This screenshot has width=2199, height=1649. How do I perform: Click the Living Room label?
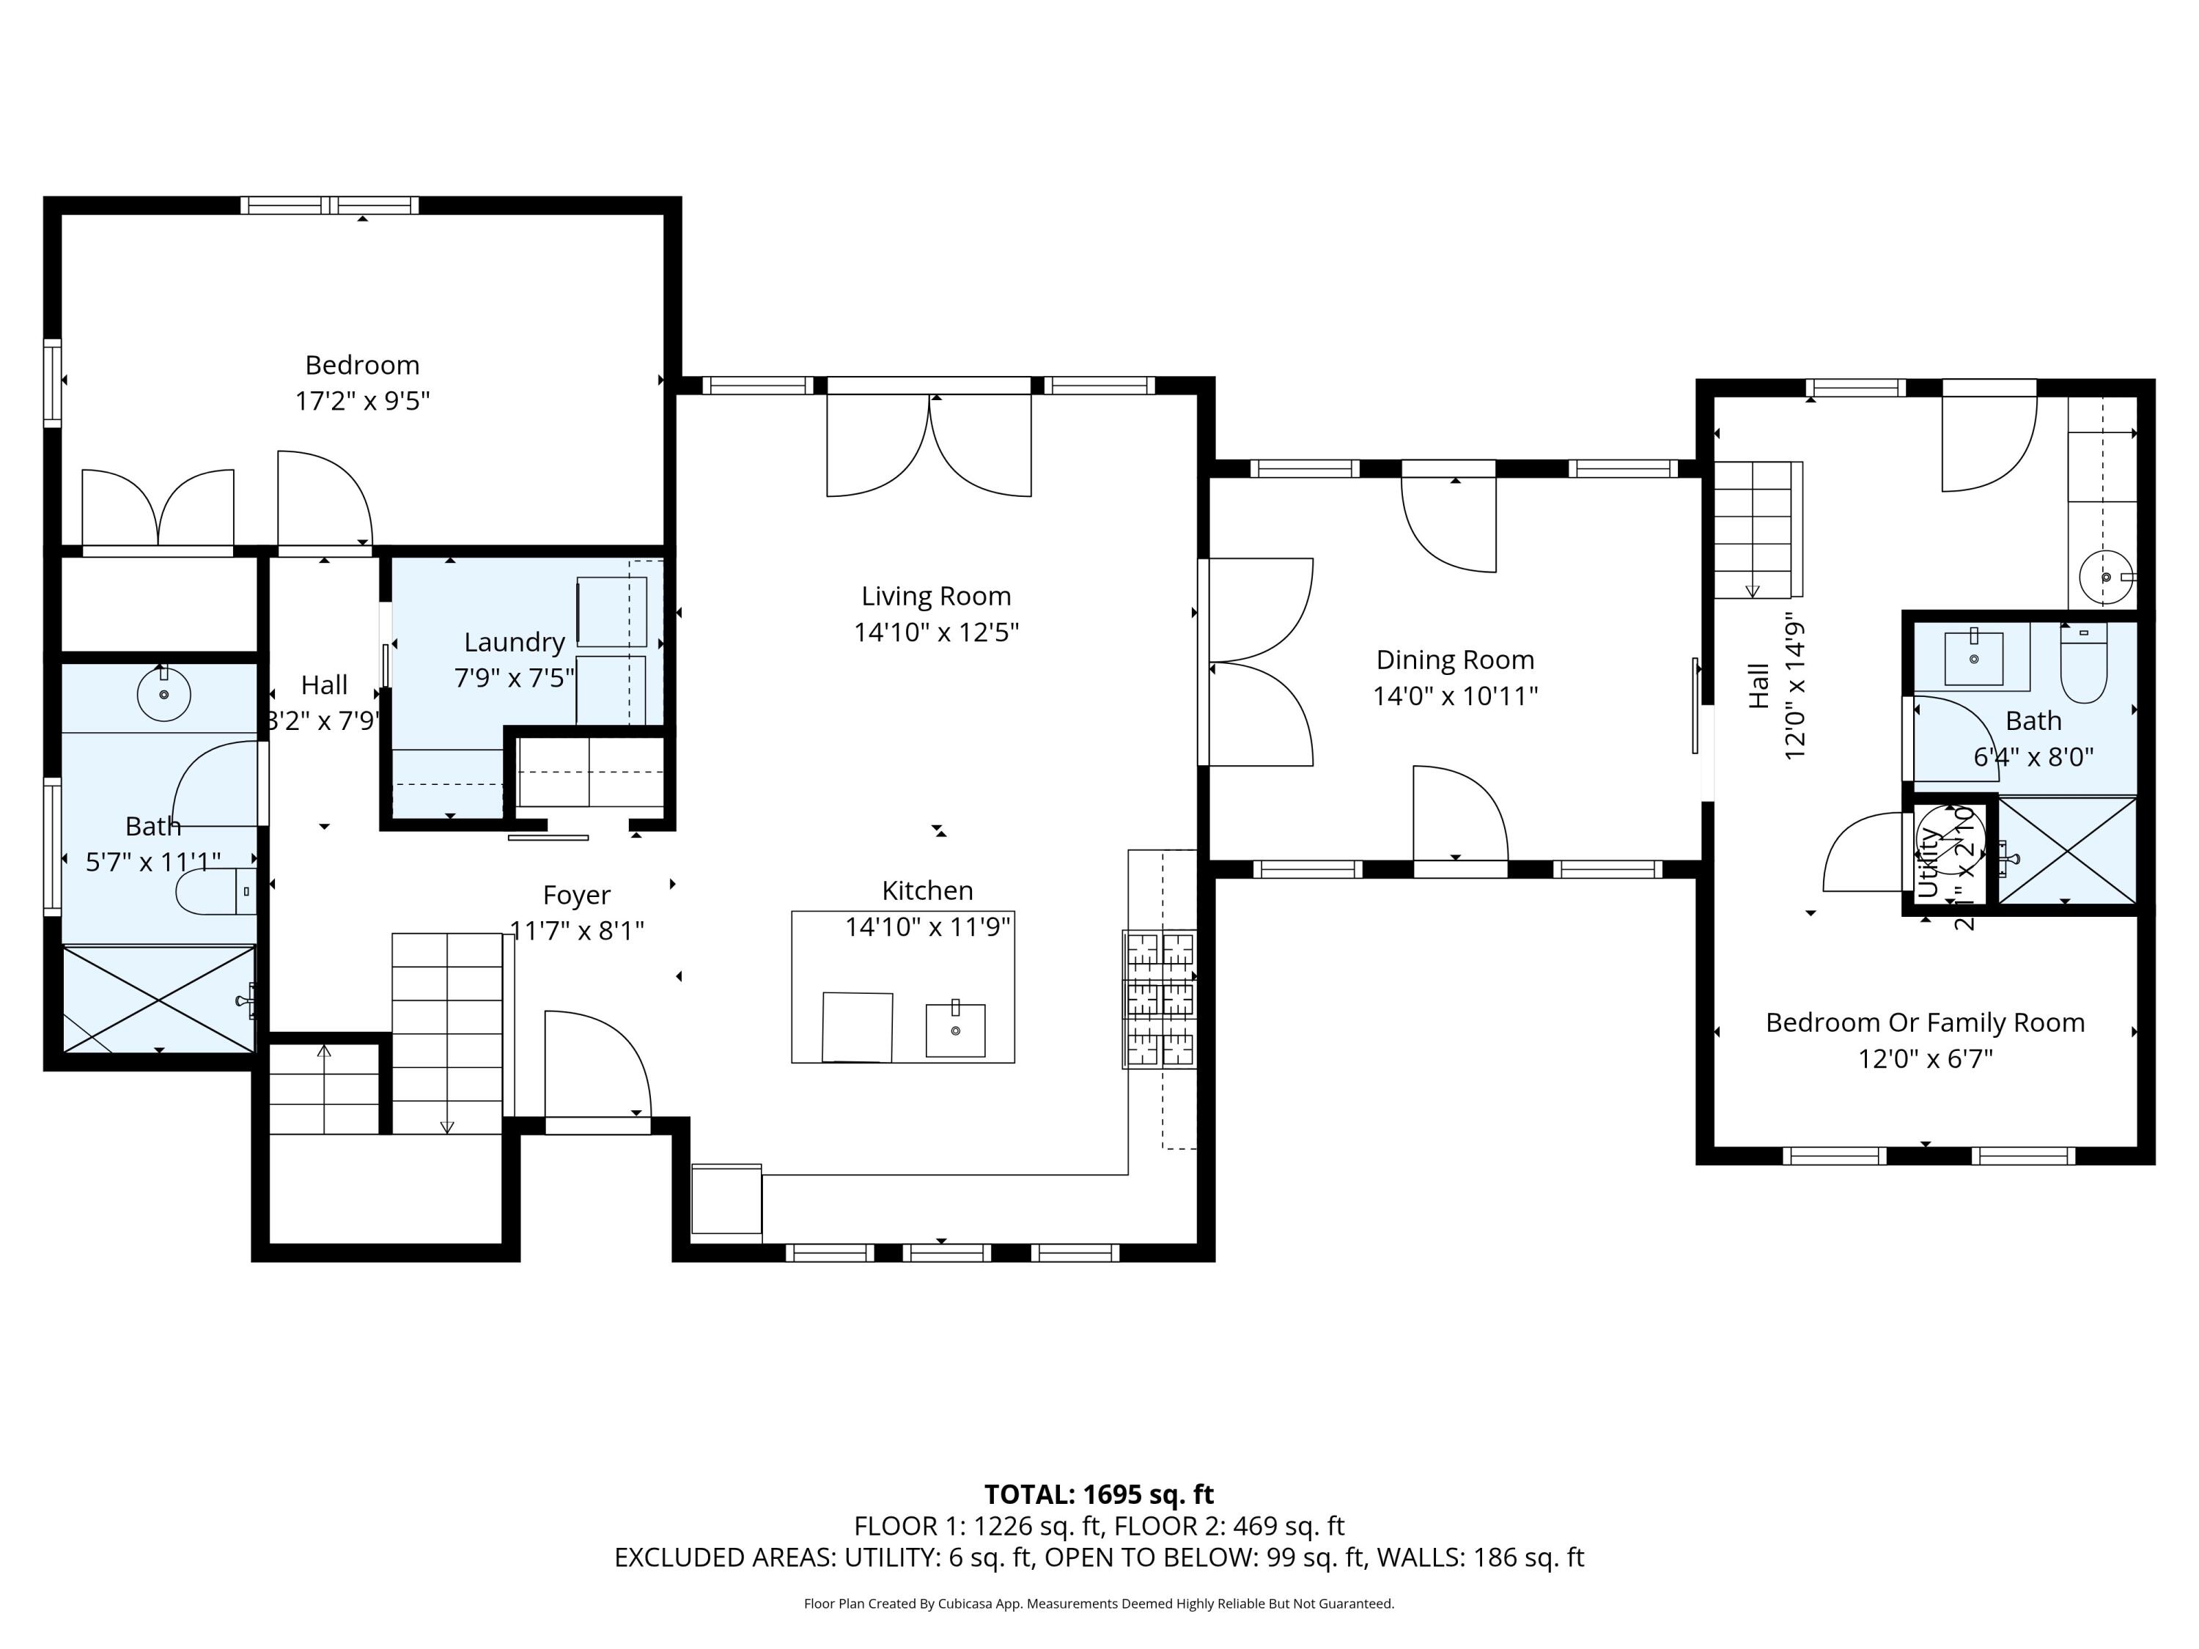pos(935,597)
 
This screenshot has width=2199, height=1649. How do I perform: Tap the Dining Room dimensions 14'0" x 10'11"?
pos(1454,696)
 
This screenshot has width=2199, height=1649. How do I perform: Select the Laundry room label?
pos(514,642)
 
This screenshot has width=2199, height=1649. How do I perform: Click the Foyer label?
pos(577,895)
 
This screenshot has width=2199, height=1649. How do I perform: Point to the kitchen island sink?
pos(954,1030)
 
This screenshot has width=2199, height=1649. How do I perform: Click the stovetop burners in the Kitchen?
pos(1159,999)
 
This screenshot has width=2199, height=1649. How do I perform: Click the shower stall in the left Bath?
pos(159,998)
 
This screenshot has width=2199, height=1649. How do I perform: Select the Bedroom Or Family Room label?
pos(1925,1023)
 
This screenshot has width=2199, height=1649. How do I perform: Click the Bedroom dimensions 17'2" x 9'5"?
pos(362,402)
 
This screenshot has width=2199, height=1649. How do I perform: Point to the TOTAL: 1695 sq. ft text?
pos(1099,1494)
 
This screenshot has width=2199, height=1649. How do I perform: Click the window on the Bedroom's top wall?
pos(329,206)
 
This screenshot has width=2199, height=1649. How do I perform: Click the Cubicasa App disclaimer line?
pos(1099,1604)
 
